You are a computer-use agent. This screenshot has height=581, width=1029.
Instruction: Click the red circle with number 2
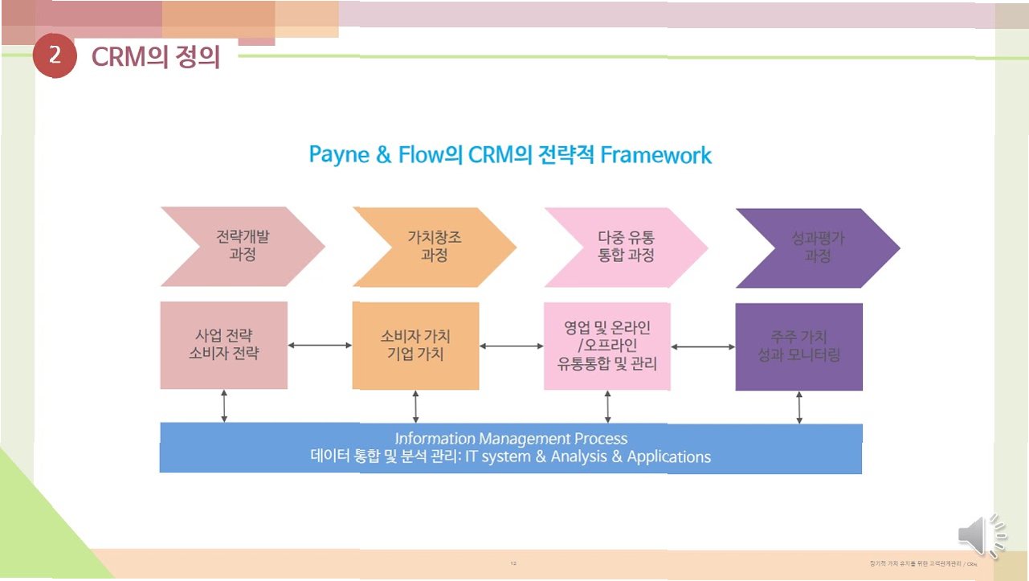pyautogui.click(x=55, y=56)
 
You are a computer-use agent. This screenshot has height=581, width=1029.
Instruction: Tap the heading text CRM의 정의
pyautogui.click(x=155, y=57)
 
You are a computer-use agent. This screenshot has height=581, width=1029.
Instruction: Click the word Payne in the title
pyautogui.click(x=338, y=154)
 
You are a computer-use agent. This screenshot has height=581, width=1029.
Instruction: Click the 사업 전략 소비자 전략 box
pyautogui.click(x=223, y=345)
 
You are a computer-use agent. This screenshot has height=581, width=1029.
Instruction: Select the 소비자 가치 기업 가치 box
pyautogui.click(x=415, y=346)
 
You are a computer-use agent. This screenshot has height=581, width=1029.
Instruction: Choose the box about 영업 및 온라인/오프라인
pyautogui.click(x=606, y=346)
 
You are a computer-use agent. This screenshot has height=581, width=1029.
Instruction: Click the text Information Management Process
pyautogui.click(x=511, y=439)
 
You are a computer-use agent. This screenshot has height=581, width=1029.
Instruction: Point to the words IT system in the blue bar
pyautogui.click(x=492, y=457)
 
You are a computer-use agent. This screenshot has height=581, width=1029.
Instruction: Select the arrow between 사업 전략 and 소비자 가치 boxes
pyautogui.click(x=320, y=345)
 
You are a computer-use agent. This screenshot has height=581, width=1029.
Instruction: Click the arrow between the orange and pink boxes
pyautogui.click(x=511, y=346)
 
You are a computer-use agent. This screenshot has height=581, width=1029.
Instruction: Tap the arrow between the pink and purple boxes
pyautogui.click(x=703, y=346)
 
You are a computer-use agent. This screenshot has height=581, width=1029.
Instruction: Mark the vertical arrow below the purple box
pyautogui.click(x=799, y=407)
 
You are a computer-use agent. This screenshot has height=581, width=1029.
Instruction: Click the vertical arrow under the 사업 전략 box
pyautogui.click(x=224, y=406)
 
